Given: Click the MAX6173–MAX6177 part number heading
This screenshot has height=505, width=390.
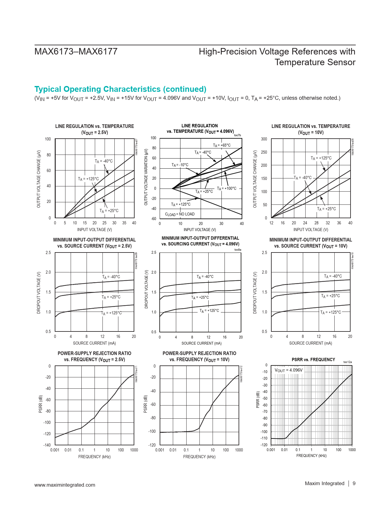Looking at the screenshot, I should tap(76, 51).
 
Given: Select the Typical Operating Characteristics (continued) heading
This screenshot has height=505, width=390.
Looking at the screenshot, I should tap(120, 89).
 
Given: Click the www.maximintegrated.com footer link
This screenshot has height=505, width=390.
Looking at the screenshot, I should tap(65, 485).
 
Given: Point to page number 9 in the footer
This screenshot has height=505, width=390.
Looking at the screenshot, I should tap(354, 484).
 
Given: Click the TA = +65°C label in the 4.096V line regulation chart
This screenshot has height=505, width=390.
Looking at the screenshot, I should tap(222, 145).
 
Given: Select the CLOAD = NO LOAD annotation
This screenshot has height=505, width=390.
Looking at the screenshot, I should tap(180, 214).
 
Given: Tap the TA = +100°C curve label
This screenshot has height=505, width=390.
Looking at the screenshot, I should tap(226, 189).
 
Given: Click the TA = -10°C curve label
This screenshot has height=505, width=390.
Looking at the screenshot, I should tap(180, 165).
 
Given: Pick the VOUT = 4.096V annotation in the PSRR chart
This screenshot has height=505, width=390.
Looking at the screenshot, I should tap(288, 370).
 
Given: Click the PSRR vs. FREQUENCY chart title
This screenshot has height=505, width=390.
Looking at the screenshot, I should tap(313, 360).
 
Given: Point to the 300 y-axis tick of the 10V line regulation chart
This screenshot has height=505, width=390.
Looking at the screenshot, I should tap(264, 139).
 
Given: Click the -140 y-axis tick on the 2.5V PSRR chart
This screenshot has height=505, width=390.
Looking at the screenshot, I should tap(47, 445).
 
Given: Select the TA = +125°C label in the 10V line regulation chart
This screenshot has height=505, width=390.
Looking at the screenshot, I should tap(321, 158).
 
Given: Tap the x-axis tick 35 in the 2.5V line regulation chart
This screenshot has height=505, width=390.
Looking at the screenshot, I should tap(124, 223).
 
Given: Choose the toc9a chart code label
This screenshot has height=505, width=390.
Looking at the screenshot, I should tap(238, 250).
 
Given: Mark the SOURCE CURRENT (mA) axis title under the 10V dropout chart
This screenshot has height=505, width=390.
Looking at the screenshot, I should tap(310, 343).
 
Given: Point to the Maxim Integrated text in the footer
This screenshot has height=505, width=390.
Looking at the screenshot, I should tap(324, 484).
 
